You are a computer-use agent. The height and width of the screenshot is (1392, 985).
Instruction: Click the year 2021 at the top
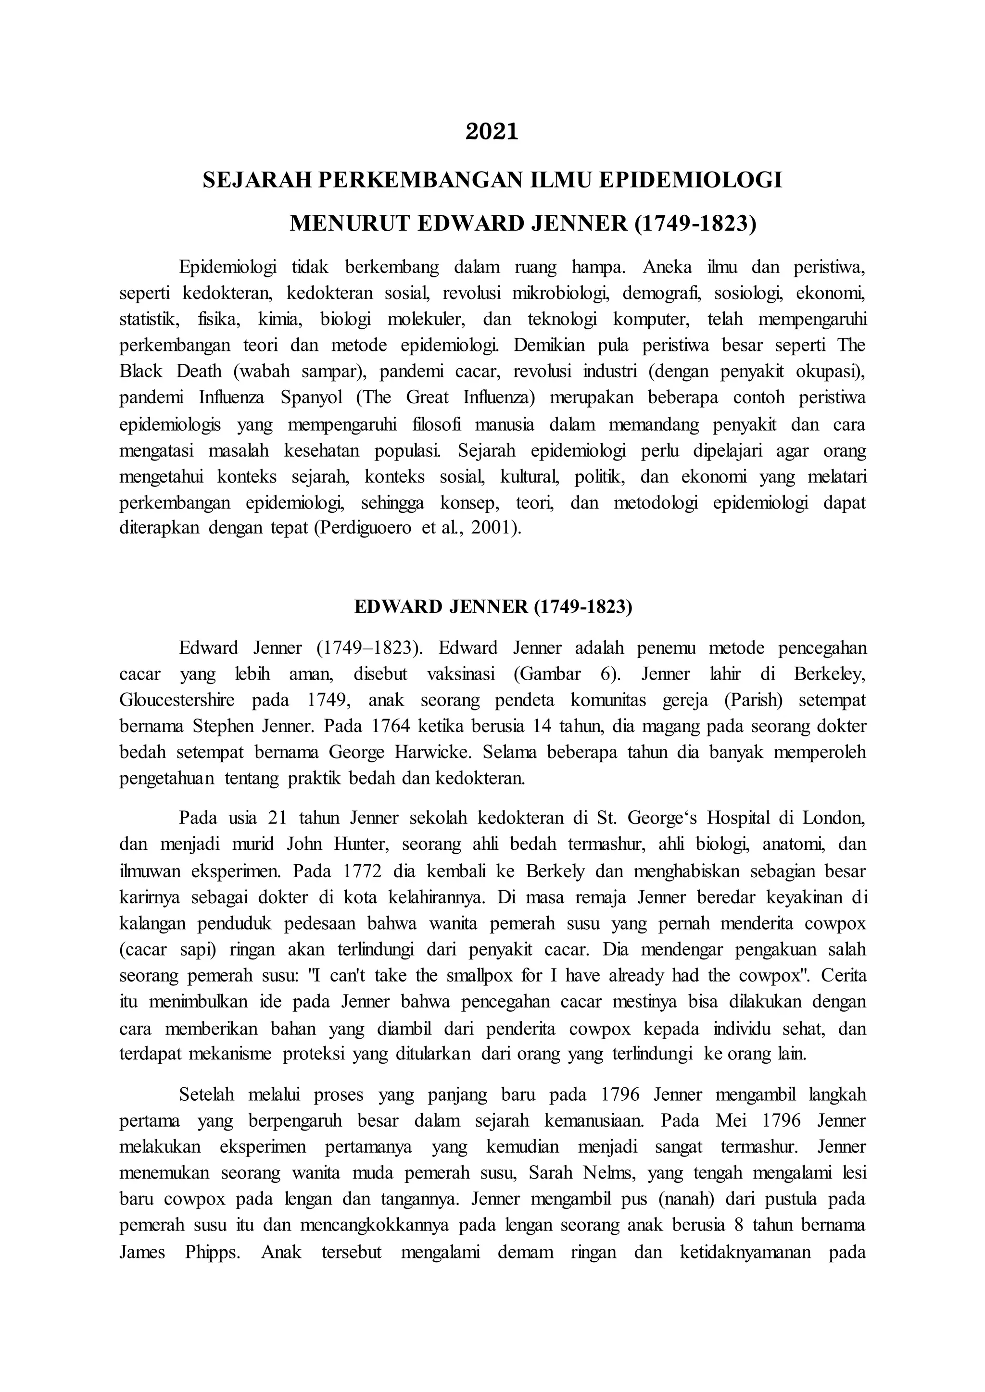492,132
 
